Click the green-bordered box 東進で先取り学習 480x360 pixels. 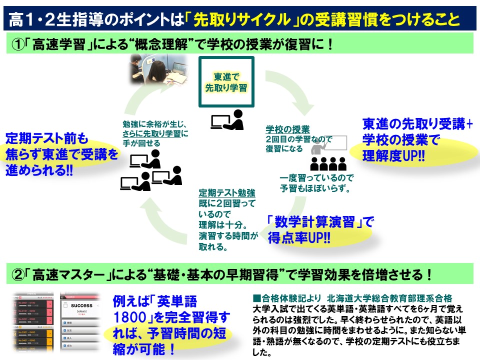point(226,81)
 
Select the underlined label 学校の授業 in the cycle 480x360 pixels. point(287,129)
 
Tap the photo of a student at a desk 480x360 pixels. point(158,69)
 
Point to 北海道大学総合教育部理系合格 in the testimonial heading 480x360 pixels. point(390,298)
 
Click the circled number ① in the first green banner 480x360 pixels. point(18,45)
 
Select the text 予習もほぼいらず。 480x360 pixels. point(314,188)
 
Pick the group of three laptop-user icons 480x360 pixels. point(150,170)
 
